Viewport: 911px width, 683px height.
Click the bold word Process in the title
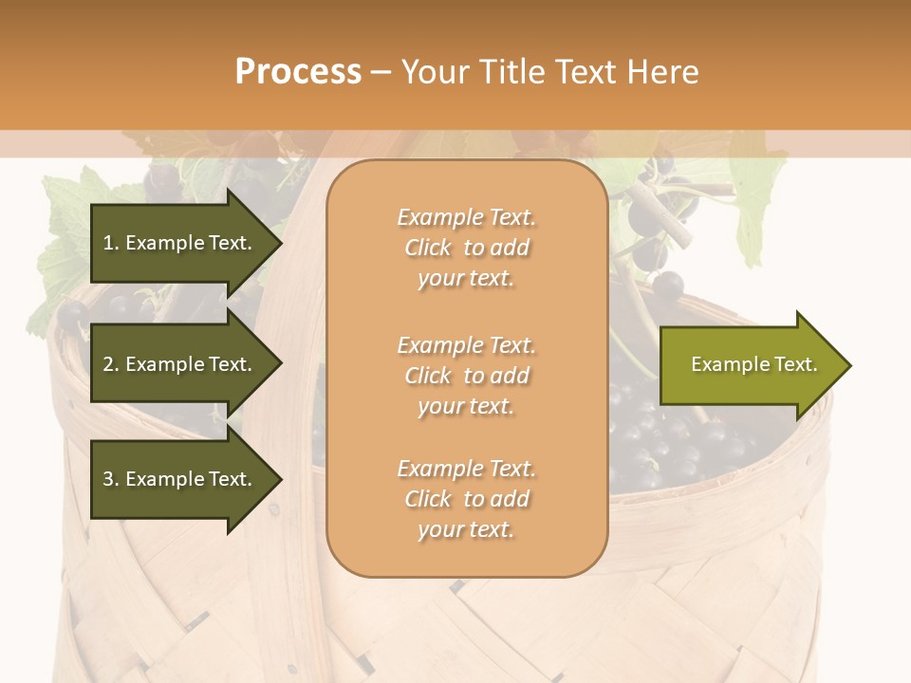298,72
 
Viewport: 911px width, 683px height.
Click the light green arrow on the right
750,365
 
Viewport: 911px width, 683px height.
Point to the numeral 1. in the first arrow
111,243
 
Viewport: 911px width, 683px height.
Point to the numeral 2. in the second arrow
111,364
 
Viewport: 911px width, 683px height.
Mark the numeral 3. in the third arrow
111,479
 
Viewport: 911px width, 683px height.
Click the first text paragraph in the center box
467,248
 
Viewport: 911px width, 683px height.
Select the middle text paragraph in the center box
467,376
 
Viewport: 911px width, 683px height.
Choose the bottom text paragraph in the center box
467,499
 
